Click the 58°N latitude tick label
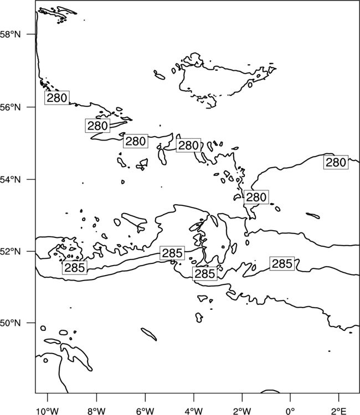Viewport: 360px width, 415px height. tap(11, 34)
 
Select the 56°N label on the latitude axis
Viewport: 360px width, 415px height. tap(11, 107)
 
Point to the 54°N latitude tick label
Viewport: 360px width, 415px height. tap(11, 179)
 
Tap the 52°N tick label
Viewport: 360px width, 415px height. tap(11, 251)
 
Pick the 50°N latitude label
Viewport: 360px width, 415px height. tap(11, 323)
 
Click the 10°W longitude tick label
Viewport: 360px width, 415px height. tap(48, 411)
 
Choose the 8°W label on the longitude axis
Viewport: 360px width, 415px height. tap(96, 411)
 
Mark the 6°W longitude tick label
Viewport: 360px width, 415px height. tap(145, 411)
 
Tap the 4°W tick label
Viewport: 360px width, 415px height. tap(194, 411)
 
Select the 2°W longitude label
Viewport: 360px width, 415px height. tap(242, 411)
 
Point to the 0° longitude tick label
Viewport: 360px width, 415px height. tap(290, 411)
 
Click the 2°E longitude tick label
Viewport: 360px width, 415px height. tap(338, 411)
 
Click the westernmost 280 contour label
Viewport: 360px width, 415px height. tap(57, 98)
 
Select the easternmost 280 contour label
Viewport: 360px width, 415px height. tap(336, 162)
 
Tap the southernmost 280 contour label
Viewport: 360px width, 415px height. tap(256, 197)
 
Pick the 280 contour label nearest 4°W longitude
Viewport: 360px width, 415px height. tap(188, 146)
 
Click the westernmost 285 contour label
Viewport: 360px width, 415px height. tap(75, 268)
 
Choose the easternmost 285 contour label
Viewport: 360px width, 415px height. tap(282, 263)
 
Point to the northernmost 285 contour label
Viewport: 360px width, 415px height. tap(172, 253)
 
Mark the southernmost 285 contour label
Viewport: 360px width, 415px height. tap(205, 274)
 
